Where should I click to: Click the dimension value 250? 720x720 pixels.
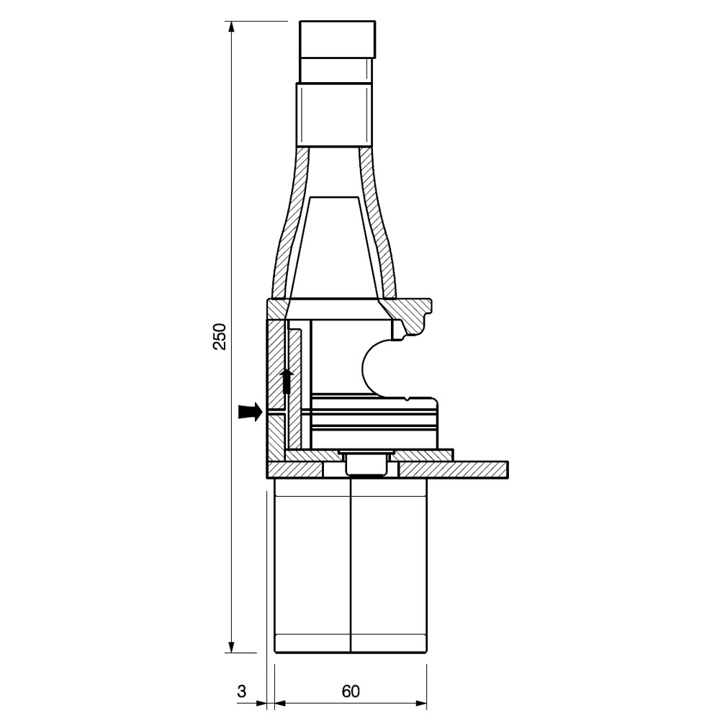(x=220, y=336)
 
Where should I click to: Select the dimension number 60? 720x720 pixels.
(x=351, y=691)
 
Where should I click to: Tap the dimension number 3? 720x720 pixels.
(x=242, y=691)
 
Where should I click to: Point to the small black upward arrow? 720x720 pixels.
(x=287, y=381)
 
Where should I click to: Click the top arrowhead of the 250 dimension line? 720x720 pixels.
(x=231, y=27)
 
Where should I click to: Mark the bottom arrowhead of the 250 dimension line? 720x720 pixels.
(x=231, y=647)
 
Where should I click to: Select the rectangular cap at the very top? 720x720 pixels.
(x=338, y=40)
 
